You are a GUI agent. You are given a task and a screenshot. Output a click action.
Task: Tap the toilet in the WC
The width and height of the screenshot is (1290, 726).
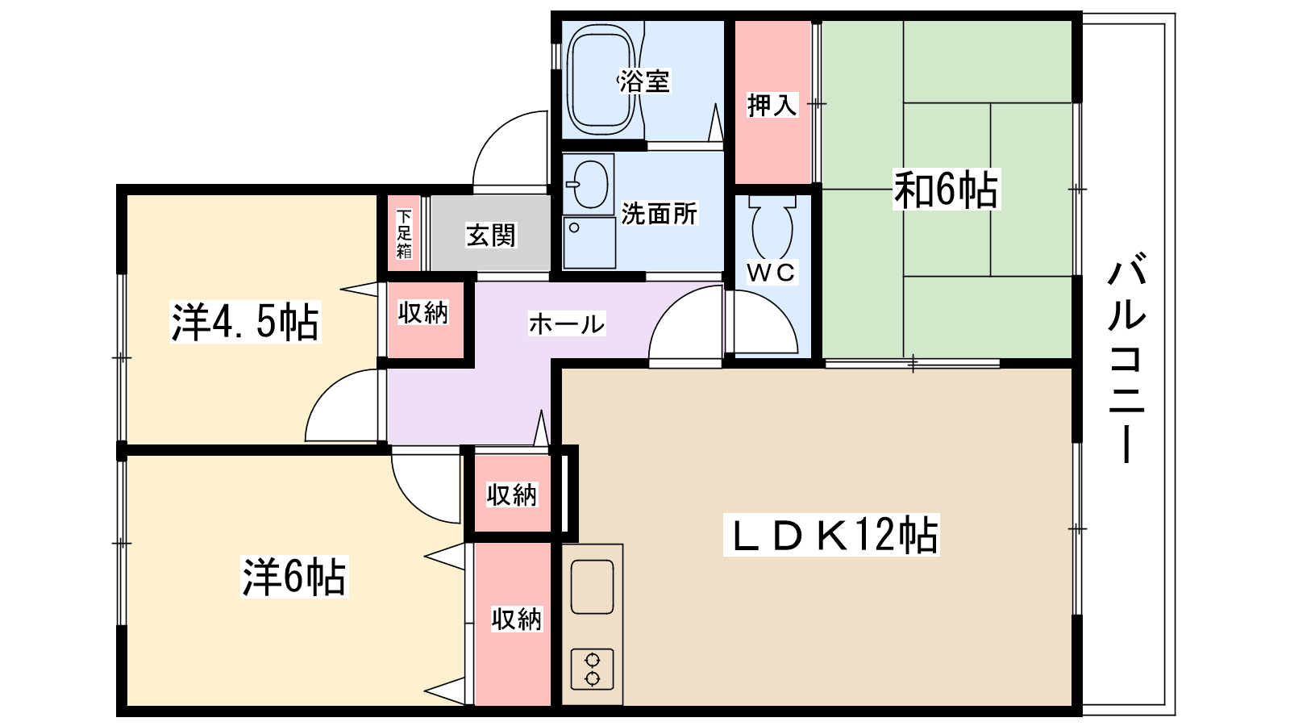click(772, 227)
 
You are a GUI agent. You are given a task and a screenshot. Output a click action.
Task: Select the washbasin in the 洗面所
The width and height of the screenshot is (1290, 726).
click(588, 184)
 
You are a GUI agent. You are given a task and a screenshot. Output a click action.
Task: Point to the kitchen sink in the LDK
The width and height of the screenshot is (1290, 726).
click(592, 586)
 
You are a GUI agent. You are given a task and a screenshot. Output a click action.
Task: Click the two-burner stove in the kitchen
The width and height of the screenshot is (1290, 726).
click(592, 669)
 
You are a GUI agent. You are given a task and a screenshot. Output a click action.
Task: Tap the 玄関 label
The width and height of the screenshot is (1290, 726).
click(491, 235)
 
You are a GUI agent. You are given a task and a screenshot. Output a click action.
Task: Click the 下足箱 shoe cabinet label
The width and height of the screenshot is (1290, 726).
click(404, 234)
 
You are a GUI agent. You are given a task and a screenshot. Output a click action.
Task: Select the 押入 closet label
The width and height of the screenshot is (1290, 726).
click(772, 105)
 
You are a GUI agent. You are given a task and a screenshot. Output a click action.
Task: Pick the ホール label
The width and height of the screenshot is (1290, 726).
click(567, 323)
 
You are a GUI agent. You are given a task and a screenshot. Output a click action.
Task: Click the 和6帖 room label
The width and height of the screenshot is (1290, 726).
click(947, 189)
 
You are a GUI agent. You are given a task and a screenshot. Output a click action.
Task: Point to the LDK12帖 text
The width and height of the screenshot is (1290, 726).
click(831, 536)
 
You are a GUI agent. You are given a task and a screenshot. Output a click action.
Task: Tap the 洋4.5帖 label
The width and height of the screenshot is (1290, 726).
click(245, 322)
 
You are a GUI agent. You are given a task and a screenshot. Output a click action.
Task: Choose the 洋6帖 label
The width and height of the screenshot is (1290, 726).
click(294, 576)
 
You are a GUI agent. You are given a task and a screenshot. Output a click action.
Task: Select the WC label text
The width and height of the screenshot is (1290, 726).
click(772, 273)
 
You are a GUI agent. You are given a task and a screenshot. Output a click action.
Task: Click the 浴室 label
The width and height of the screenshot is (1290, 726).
click(644, 81)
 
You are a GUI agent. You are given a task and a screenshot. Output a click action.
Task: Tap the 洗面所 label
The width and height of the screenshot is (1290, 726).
click(660, 213)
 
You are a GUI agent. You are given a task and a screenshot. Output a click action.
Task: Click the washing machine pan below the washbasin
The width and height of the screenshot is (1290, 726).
click(589, 243)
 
